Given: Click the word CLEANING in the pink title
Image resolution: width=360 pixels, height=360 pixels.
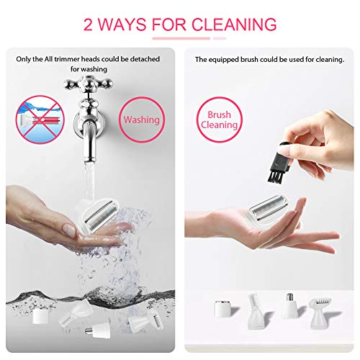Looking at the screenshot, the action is tap(234, 24).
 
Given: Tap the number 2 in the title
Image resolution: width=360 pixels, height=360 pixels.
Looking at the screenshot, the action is tap(88, 24).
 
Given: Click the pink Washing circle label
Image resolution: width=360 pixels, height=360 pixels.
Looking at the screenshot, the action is tap(142, 120).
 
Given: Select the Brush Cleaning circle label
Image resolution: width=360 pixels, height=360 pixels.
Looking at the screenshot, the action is tap(219, 120).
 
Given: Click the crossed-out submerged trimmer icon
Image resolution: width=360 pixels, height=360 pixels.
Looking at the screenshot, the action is tap(40, 120).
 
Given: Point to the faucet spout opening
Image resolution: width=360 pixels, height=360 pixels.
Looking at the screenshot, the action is tap(89, 160).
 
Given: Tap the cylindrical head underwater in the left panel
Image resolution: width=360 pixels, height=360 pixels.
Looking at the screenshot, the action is tap(40, 316).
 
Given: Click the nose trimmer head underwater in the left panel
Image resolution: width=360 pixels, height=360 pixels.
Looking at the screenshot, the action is tap(98, 330).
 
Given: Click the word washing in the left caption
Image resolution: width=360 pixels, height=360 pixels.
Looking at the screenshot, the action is tap(94, 69).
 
